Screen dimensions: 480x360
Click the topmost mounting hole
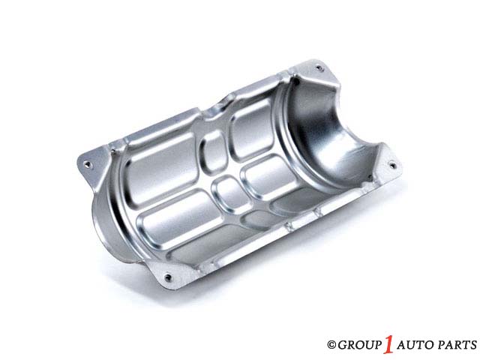tap(319, 68)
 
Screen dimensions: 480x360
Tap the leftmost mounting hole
tap(88, 164)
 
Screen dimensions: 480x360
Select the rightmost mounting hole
tap(393, 166)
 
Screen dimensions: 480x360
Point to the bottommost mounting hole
tap(168, 277)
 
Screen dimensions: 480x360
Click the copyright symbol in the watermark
tap(331, 345)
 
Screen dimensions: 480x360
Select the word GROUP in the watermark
tap(360, 345)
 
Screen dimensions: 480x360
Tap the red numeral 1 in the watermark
tap(388, 343)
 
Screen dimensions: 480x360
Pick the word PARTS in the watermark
tap(457, 345)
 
